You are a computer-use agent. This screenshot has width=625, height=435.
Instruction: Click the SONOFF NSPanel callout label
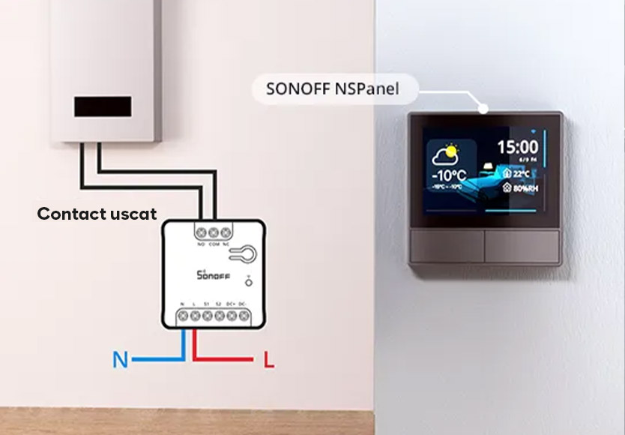[332, 90]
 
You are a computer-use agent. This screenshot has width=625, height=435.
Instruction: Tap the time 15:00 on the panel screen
[518, 147]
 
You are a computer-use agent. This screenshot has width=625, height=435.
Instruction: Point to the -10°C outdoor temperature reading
[449, 175]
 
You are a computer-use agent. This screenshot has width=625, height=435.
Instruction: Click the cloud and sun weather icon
[444, 154]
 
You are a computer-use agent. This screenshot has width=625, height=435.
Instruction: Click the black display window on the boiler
[103, 106]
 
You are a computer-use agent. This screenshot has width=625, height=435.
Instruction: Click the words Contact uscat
[97, 214]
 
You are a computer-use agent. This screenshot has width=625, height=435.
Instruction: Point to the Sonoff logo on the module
[214, 274]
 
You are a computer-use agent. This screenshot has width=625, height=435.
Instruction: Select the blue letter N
[120, 360]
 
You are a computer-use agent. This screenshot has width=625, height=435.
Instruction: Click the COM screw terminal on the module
[214, 232]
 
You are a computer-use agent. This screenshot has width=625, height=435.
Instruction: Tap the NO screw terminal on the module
[202, 232]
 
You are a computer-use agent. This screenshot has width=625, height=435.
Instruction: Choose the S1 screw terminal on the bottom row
[207, 316]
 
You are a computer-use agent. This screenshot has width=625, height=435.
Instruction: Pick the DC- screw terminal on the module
[243, 316]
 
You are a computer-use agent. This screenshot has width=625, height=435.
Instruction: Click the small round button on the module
[248, 282]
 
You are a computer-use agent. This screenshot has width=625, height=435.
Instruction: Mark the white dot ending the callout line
[484, 109]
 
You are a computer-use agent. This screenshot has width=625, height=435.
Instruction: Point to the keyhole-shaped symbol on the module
[242, 254]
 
